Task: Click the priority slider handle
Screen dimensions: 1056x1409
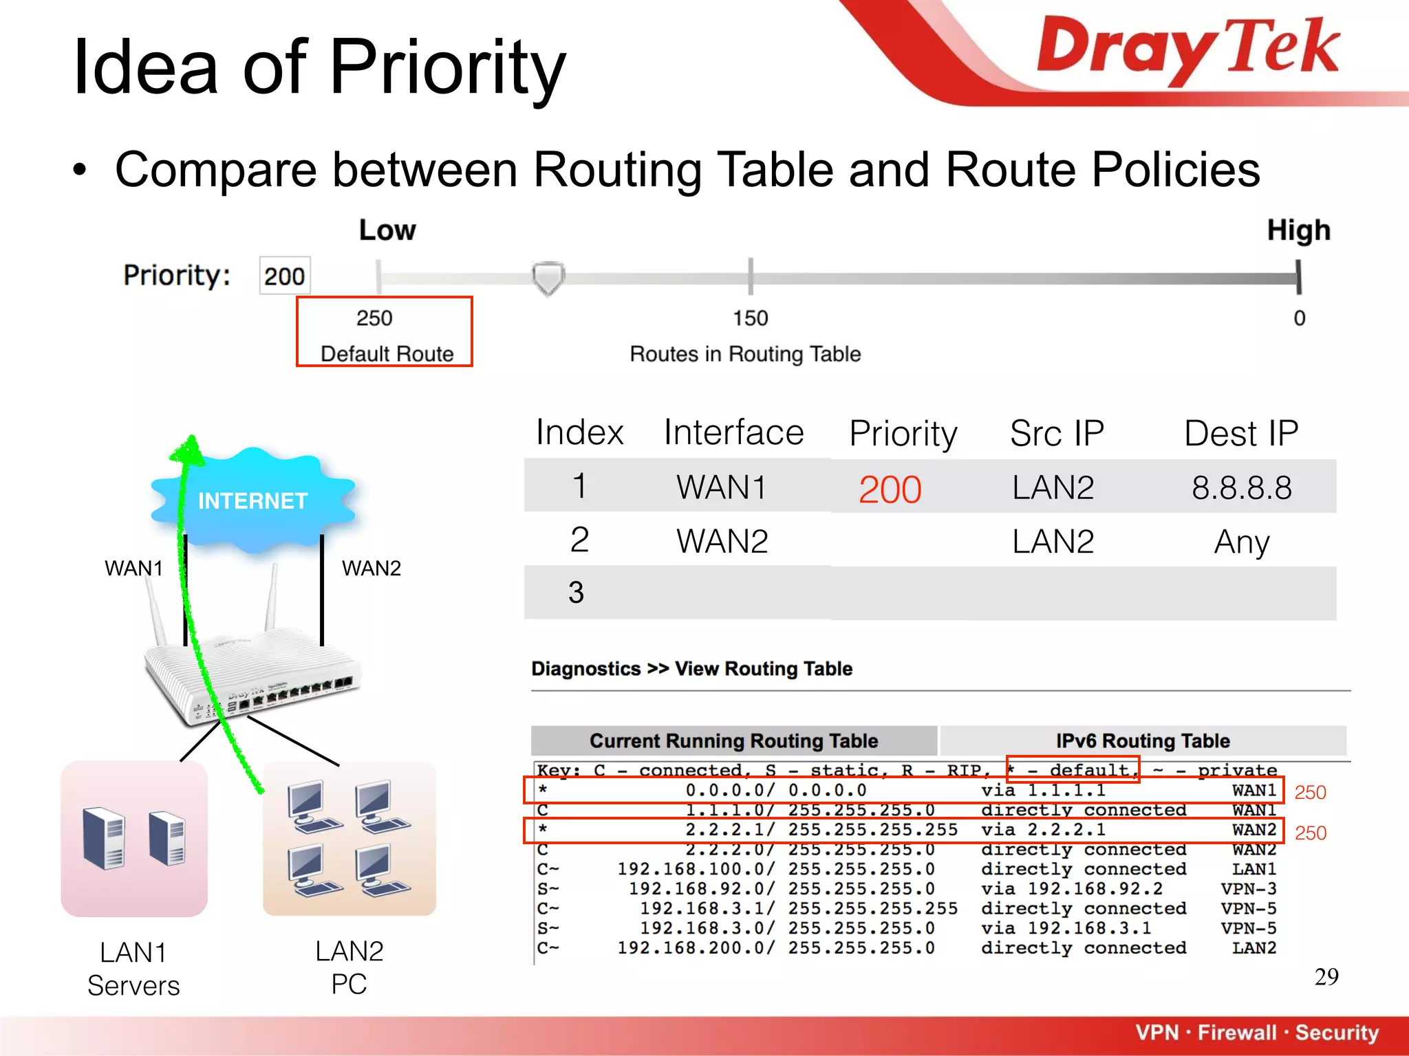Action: [x=548, y=278]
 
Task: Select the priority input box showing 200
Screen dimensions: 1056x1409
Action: [x=284, y=276]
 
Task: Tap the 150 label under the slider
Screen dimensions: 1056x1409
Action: [x=750, y=318]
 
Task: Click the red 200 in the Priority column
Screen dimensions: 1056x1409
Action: [x=890, y=489]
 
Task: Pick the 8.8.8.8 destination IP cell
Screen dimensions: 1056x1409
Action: [x=1241, y=488]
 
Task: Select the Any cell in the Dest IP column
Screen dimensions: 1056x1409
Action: [x=1241, y=542]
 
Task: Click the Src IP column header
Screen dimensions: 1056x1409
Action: [x=1056, y=434]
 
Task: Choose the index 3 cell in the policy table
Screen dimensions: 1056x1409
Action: [x=577, y=593]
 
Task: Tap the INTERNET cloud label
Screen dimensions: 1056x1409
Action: [x=252, y=500]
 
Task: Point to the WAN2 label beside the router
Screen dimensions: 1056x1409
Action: [x=371, y=569]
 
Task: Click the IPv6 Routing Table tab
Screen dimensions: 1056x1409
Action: [x=1142, y=740]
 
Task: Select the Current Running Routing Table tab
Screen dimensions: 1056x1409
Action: [x=733, y=740]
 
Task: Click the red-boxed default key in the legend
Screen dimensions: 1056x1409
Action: [x=1073, y=769]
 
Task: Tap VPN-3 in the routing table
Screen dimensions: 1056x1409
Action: [x=1248, y=889]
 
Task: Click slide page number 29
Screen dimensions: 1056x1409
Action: [x=1326, y=977]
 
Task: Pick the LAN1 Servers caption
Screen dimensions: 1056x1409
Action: [x=133, y=969]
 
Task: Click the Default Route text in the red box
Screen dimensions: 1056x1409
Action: [x=387, y=353]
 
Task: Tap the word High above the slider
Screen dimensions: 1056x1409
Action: [x=1298, y=230]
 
